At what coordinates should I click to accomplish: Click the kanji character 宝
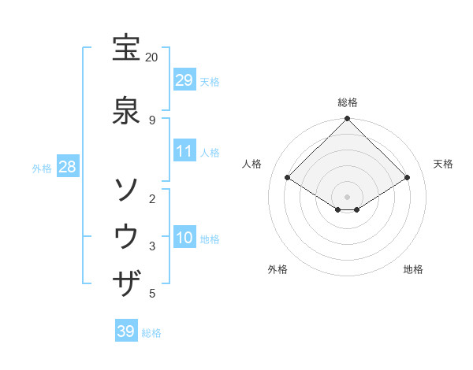(127, 49)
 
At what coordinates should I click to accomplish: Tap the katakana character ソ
(127, 189)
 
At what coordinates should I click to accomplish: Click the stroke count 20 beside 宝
(151, 57)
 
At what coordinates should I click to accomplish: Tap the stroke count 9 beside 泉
(151, 120)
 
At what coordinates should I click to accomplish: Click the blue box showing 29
(184, 80)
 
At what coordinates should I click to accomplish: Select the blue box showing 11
(184, 151)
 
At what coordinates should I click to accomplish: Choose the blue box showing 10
(184, 238)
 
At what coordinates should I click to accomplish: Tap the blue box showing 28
(67, 167)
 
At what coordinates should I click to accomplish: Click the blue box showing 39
(125, 331)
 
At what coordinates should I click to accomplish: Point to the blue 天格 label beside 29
(210, 81)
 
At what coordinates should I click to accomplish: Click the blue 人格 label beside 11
(210, 152)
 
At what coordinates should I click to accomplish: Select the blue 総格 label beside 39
(151, 332)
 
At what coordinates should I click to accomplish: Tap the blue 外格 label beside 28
(42, 168)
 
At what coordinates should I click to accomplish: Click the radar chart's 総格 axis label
(348, 102)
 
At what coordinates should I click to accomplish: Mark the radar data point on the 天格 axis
(408, 178)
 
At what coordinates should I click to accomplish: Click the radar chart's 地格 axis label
(413, 269)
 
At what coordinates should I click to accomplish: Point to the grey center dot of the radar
(347, 196)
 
